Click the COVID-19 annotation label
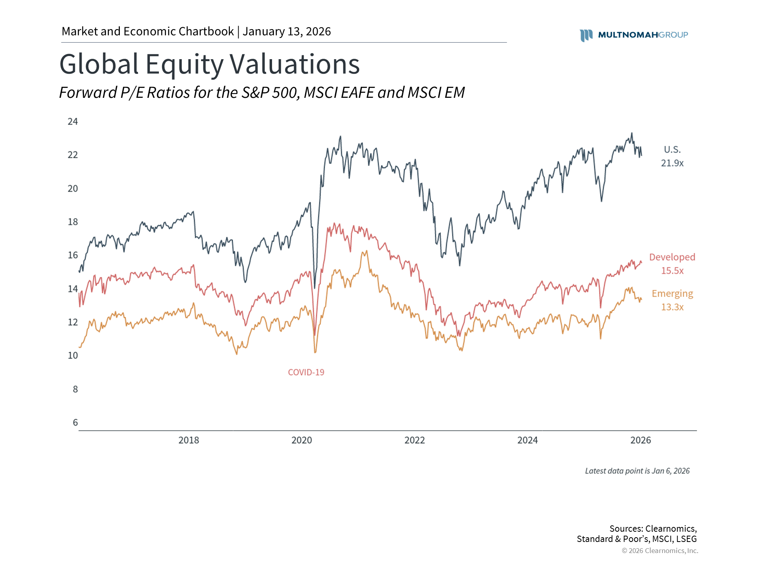(306, 372)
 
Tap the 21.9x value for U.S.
(672, 163)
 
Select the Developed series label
(672, 257)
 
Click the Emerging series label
(672, 293)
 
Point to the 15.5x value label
(672, 271)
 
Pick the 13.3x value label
(672, 307)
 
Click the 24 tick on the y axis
(73, 121)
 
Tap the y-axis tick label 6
(75, 423)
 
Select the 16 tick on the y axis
(73, 255)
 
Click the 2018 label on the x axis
(188, 440)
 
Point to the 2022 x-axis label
(414, 440)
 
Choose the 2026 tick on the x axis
(640, 440)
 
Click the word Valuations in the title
(295, 64)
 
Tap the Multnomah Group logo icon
(586, 35)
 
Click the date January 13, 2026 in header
(287, 32)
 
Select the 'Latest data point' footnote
(637, 471)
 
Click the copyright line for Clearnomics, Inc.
(660, 551)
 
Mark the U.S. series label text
(672, 149)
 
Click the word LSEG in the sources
(686, 539)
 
